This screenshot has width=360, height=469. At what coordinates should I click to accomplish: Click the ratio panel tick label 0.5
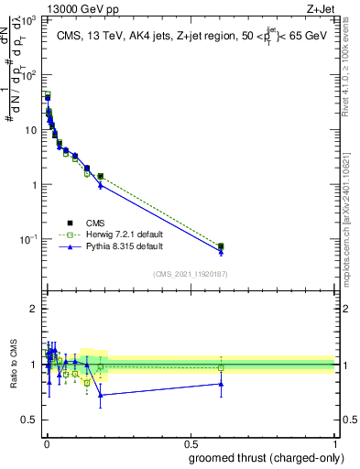click(x=30, y=420)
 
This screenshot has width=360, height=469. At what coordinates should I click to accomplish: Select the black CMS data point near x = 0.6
click(x=221, y=246)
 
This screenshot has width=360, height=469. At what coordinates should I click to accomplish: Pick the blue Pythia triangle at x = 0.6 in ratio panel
click(x=221, y=384)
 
